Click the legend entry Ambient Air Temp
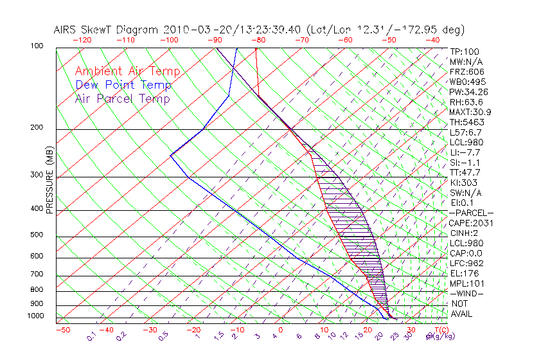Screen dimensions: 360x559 127,71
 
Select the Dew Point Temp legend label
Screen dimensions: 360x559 123,85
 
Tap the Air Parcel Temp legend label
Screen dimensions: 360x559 122,98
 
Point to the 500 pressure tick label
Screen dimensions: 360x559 38,235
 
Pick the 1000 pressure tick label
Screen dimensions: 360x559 36,316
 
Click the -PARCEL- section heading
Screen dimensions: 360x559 471,213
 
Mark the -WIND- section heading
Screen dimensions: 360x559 466,293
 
